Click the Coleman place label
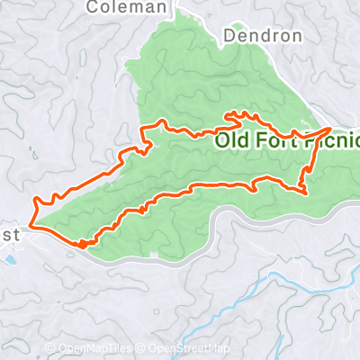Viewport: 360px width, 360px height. (x=127, y=7)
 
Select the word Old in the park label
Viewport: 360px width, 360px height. (x=231, y=141)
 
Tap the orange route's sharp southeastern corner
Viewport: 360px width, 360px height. (x=307, y=192)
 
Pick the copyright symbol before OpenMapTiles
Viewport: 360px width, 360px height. (x=51, y=348)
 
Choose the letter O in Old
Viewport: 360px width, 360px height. (x=220, y=141)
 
